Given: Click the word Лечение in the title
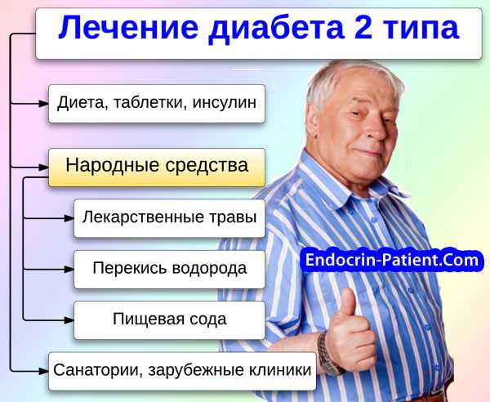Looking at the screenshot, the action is pyautogui.click(x=128, y=28).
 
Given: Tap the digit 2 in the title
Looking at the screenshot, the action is pyautogui.click(x=363, y=27).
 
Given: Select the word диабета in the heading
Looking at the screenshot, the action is pyautogui.click(x=276, y=29).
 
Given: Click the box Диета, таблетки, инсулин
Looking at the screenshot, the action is pyautogui.click(x=157, y=104).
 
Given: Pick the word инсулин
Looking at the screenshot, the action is pyautogui.click(x=224, y=102).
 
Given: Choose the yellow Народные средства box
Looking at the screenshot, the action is pyautogui.click(x=157, y=167).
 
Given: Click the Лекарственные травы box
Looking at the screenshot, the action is pyautogui.click(x=169, y=218).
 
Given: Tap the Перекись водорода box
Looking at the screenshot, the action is pyautogui.click(x=169, y=269).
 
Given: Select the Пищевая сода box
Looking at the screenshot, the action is pyautogui.click(x=169, y=320).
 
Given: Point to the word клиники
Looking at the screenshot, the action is pyautogui.click(x=280, y=370).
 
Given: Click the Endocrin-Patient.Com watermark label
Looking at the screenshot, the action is pyautogui.click(x=392, y=260).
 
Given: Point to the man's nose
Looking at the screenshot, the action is pyautogui.click(x=375, y=129).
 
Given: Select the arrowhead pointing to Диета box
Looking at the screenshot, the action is pyautogui.click(x=44, y=104).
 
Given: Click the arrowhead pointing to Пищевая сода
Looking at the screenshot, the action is pyautogui.click(x=69, y=320).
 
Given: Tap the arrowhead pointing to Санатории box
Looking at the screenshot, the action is pyautogui.click(x=44, y=371).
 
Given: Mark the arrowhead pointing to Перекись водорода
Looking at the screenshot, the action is pyautogui.click(x=69, y=269).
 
